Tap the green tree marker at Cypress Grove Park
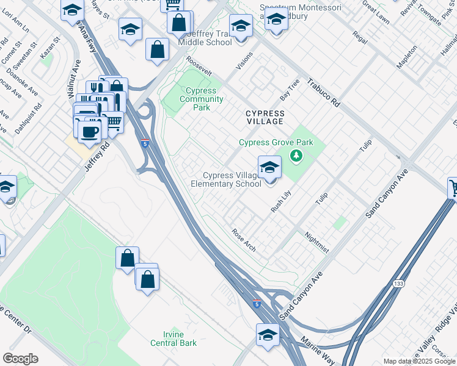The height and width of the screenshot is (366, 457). [x=297, y=156]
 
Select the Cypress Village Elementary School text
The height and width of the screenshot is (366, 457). [x=226, y=179]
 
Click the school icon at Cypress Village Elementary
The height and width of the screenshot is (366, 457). [x=269, y=167]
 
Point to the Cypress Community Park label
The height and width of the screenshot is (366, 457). [x=201, y=99]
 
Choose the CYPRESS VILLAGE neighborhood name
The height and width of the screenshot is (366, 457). [x=265, y=118]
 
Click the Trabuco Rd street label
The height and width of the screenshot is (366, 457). [x=323, y=93]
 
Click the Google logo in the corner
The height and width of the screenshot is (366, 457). [x=20, y=358]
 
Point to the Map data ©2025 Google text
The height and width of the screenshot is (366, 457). [x=419, y=361]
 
